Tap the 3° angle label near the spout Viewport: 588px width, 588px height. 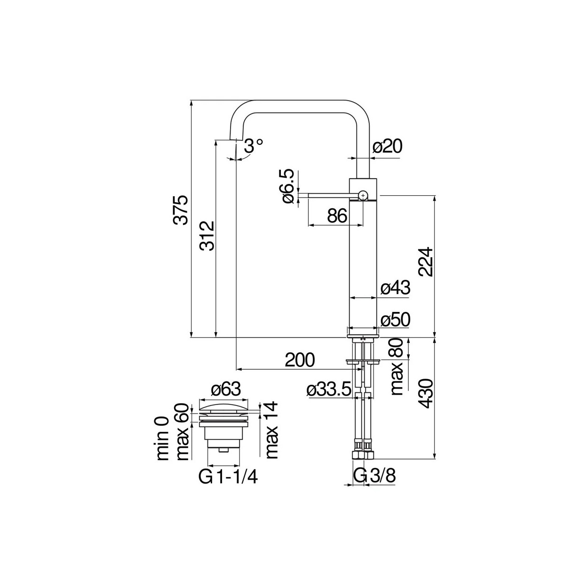253,146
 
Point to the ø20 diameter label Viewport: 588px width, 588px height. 388,147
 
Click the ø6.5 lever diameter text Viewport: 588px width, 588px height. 288,186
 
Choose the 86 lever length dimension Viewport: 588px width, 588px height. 337,216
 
